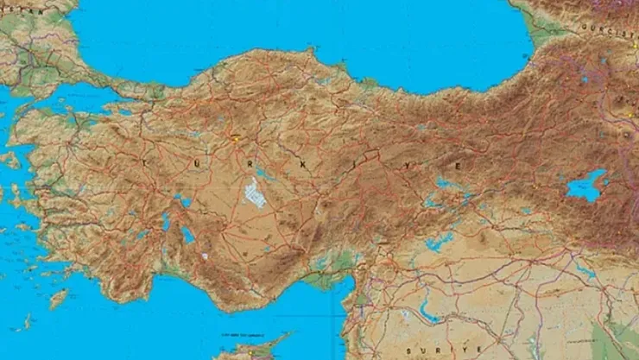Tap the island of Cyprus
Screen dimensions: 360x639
point(250,351)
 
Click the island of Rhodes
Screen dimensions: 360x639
point(59,299)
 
